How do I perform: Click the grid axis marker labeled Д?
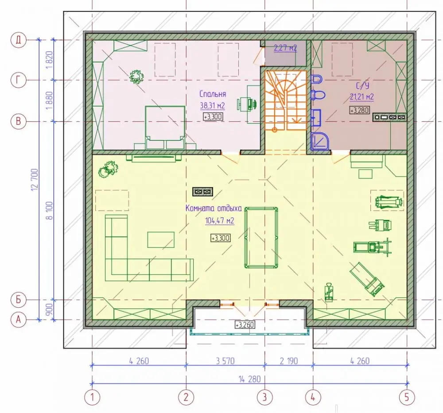point(18,40)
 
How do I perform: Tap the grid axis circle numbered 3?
point(265,397)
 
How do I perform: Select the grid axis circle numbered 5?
point(407,397)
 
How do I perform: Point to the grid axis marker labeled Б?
point(18,300)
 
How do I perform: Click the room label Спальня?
point(213,94)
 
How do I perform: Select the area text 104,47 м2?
point(220,220)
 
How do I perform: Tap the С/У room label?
point(362,85)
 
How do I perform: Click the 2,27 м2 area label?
point(285,48)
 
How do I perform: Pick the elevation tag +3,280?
point(359,110)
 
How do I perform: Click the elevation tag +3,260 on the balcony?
point(245,324)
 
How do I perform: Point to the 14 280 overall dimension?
point(250,379)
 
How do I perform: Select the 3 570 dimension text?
point(225,361)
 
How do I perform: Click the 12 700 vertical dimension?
point(35,180)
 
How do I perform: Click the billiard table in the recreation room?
point(261,238)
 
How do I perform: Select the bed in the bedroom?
point(165,127)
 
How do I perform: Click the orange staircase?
point(286,100)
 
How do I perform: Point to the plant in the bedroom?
point(137,76)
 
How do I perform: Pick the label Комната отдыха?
point(214,208)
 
